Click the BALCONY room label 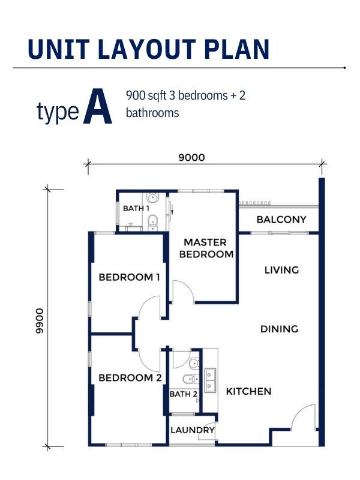coord(281,220)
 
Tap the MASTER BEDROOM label coord(206,248)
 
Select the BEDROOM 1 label coord(129,277)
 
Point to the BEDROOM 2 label coord(130,378)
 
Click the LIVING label coord(281,270)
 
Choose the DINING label coord(279,329)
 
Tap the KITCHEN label coord(248,392)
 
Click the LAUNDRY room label coord(193,430)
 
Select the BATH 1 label coord(136,208)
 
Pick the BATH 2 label coord(184,394)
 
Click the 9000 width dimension coord(191,158)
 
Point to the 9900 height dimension coord(40,321)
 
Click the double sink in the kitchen coord(211,380)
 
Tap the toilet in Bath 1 coord(152,222)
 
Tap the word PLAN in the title coord(236,49)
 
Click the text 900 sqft coord(146,95)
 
